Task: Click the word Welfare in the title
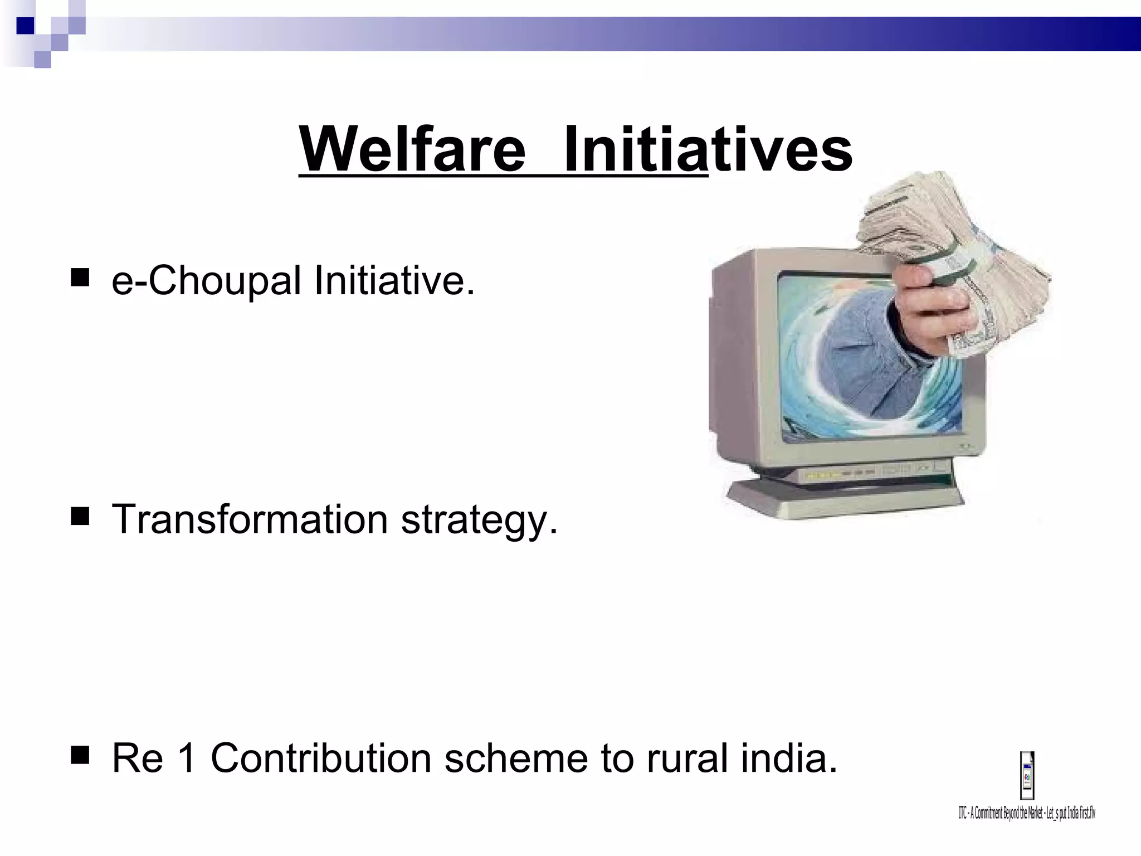[412, 149]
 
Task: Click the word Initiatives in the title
[708, 149]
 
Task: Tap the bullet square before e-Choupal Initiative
[80, 278]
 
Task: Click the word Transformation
[250, 519]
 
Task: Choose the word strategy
[479, 521]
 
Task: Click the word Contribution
[321, 758]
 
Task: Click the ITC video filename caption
[1027, 813]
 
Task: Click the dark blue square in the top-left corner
[25, 26]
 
